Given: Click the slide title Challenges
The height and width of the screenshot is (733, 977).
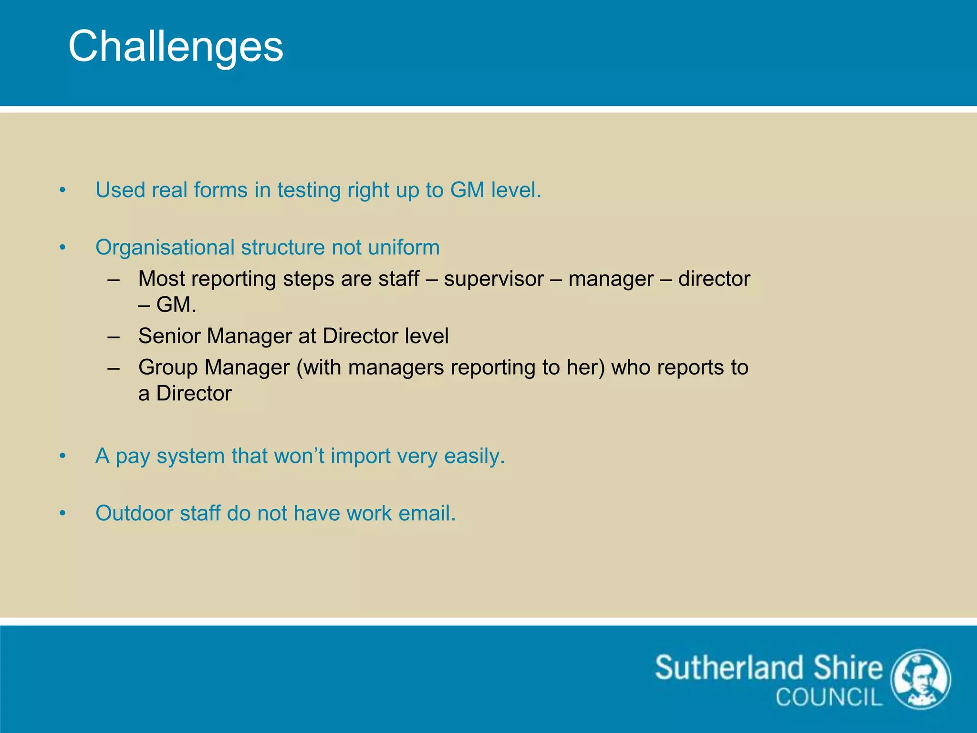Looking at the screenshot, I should pos(176,47).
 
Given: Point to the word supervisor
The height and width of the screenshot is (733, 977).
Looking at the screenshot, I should pos(493,279).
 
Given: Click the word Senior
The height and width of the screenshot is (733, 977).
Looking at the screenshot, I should pos(169,336).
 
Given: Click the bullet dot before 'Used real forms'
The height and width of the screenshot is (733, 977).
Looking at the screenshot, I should pos(62,190).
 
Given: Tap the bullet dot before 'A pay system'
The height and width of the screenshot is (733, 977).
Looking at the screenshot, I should pos(62,456).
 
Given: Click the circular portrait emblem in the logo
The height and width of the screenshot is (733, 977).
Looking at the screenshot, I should pos(921,680).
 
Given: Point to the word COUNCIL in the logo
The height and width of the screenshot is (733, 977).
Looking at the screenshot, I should pos(829,697).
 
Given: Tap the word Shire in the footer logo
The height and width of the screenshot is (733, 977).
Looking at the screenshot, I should pos(847,668).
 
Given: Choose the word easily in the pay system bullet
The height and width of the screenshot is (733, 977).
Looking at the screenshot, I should pos(474,456).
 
